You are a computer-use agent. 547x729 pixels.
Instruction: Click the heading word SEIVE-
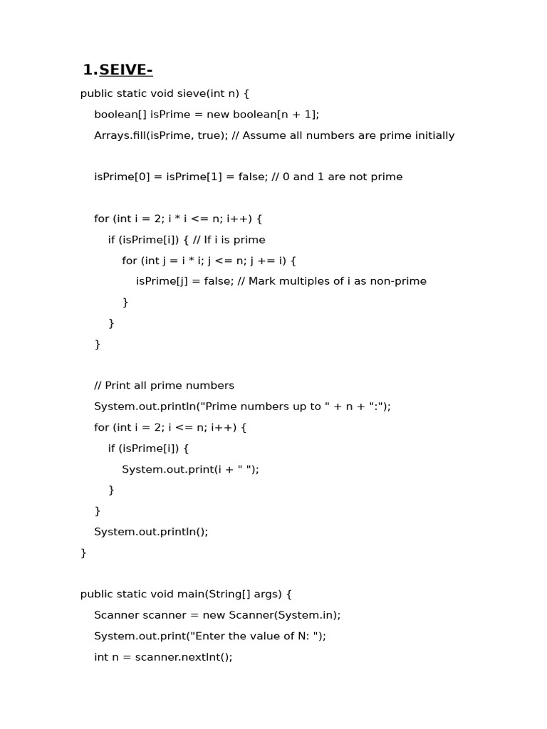tap(126, 70)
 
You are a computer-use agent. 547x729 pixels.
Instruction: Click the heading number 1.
tap(90, 70)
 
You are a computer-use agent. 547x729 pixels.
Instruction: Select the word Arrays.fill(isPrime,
tap(142, 135)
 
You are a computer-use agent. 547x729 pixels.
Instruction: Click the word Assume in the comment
tap(264, 135)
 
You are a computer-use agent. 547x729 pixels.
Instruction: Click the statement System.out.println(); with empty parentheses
tap(151, 531)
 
